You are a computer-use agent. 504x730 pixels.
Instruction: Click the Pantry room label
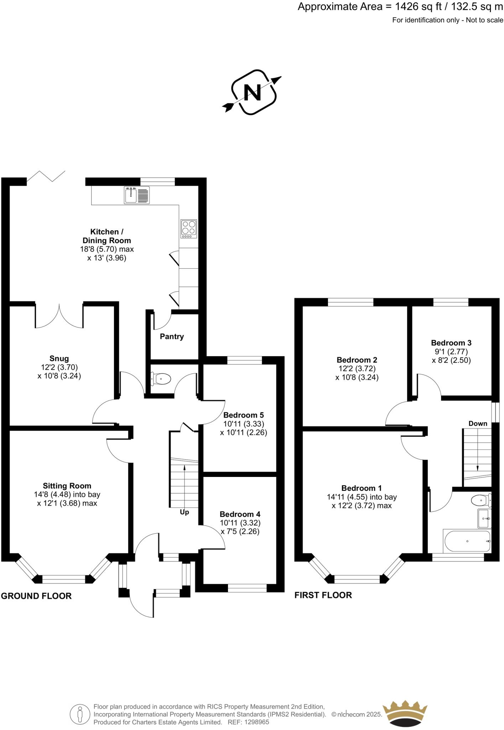click(x=172, y=336)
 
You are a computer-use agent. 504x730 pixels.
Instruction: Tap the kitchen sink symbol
click(x=137, y=195)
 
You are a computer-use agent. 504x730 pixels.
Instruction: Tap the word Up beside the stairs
click(x=184, y=512)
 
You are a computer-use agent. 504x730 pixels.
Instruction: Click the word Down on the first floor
click(x=478, y=423)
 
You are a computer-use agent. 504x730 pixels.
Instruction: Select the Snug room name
click(x=59, y=359)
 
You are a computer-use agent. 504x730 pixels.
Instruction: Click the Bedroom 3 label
click(x=451, y=343)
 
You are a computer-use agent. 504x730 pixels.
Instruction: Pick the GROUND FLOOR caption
click(x=36, y=596)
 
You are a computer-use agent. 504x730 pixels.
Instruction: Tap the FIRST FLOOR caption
click(x=323, y=595)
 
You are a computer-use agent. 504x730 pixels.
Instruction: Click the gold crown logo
click(x=405, y=712)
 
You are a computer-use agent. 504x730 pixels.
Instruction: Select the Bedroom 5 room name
click(x=243, y=415)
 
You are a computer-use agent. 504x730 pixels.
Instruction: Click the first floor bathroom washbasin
click(x=484, y=518)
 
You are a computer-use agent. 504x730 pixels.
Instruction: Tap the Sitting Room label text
click(x=67, y=486)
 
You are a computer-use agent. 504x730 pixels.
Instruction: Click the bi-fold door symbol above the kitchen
click(x=46, y=176)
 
